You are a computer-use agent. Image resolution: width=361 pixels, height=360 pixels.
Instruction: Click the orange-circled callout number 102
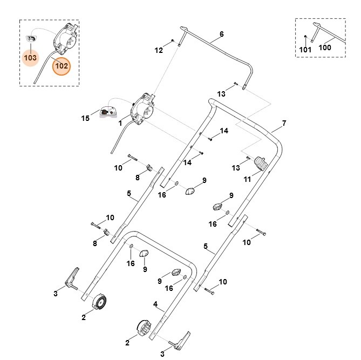[x=61, y=66]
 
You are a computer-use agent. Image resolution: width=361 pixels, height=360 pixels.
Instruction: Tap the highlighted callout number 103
[x=31, y=57]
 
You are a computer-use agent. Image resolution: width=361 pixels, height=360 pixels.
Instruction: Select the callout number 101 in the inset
[x=305, y=50]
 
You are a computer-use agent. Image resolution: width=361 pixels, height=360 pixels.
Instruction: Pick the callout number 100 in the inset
[x=325, y=47]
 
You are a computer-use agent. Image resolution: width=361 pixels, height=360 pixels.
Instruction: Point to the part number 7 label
[x=284, y=123]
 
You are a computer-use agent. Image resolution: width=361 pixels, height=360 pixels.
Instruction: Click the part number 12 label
[x=159, y=50]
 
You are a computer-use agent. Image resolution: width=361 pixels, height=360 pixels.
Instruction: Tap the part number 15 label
[x=85, y=118]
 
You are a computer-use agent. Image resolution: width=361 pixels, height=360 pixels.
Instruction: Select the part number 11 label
[x=248, y=179]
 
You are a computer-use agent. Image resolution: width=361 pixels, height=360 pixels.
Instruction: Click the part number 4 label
[x=155, y=304]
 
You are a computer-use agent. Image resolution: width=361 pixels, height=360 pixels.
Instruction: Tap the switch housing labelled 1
[x=142, y=108]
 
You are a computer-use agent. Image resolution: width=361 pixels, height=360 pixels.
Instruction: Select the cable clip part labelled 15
[x=107, y=112]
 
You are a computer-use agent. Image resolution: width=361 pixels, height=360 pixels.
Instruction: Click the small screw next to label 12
[x=172, y=41]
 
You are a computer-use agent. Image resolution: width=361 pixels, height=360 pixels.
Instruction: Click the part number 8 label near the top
[x=137, y=177]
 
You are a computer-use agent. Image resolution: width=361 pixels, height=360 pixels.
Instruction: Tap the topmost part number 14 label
[x=224, y=131]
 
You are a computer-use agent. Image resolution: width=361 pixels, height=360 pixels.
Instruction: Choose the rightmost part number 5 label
[x=206, y=246]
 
